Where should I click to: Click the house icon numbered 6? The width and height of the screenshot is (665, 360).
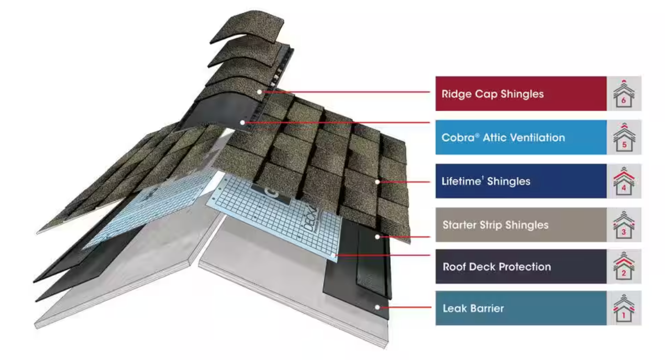coord(624,94)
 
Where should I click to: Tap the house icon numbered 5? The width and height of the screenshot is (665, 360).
coord(624,138)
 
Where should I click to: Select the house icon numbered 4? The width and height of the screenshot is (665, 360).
coord(624,182)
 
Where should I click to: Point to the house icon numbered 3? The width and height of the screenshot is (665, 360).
coord(624,225)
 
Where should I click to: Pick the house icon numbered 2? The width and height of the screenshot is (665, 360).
coord(624,266)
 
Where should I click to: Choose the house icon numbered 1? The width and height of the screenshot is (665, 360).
coord(624,308)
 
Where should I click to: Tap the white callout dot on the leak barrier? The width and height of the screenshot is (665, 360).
coord(376,307)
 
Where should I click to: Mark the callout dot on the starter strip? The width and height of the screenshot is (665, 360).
coord(377,237)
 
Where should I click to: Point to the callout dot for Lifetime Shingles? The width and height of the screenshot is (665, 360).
coord(376,182)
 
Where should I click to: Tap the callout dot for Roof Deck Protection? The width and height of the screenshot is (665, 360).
coord(335,256)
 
